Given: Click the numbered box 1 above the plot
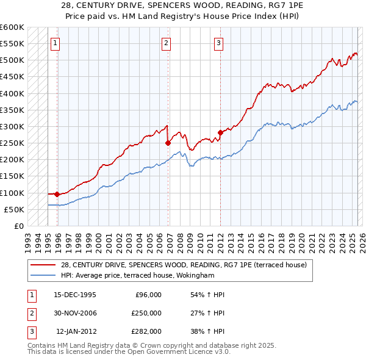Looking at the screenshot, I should (x=56, y=43).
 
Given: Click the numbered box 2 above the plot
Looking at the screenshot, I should (x=166, y=43).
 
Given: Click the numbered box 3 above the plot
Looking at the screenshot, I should (x=218, y=43).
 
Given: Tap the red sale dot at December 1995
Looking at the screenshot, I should (x=57, y=194).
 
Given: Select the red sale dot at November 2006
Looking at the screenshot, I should (x=168, y=143).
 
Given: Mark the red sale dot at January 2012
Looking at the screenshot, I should (x=220, y=132).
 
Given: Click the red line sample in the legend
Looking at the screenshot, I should (x=43, y=265).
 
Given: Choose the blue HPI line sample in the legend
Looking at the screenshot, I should (x=43, y=275).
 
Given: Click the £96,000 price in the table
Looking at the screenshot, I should (x=148, y=295).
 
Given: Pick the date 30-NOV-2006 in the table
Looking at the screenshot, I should (x=75, y=313).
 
